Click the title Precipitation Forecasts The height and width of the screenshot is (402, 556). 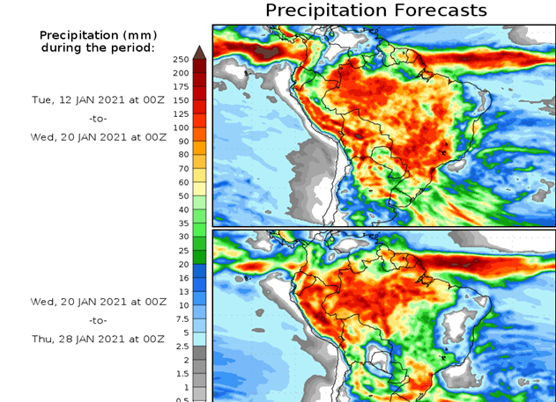[x=376, y=11]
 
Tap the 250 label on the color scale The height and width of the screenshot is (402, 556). [x=181, y=59]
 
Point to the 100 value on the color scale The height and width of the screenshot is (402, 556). [x=181, y=128]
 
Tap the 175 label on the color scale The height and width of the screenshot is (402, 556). [x=181, y=86]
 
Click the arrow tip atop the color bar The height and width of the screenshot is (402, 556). [x=199, y=50]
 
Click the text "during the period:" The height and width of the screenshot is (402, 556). [x=98, y=48]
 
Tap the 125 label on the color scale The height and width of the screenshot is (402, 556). [x=181, y=113]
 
